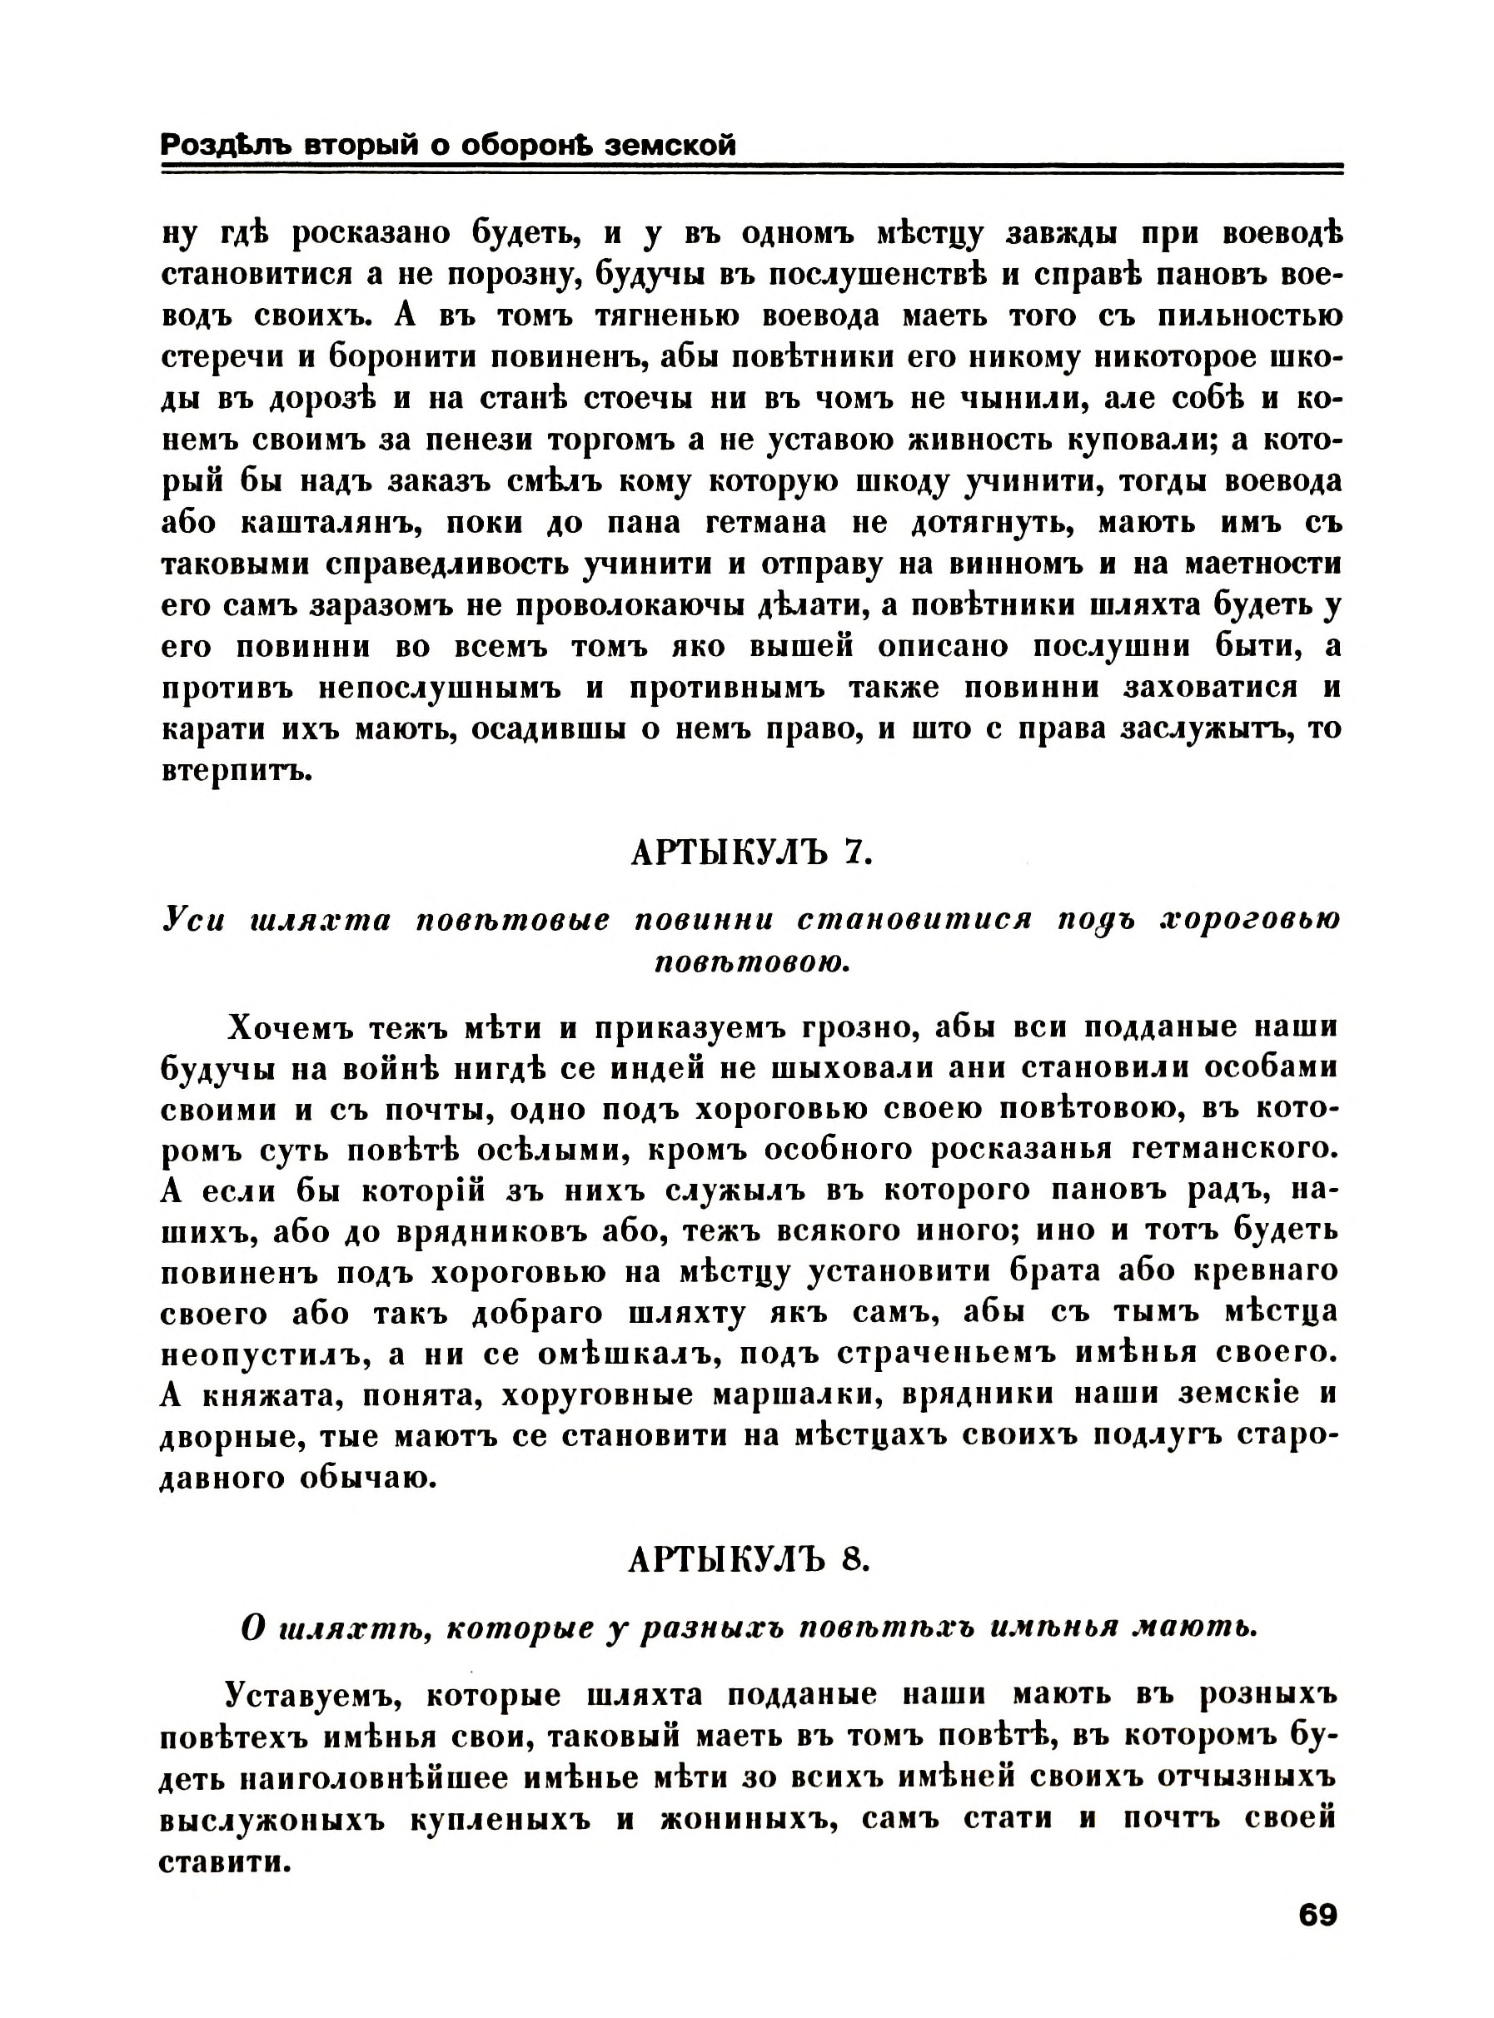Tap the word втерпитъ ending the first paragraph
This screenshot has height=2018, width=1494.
coord(237,773)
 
